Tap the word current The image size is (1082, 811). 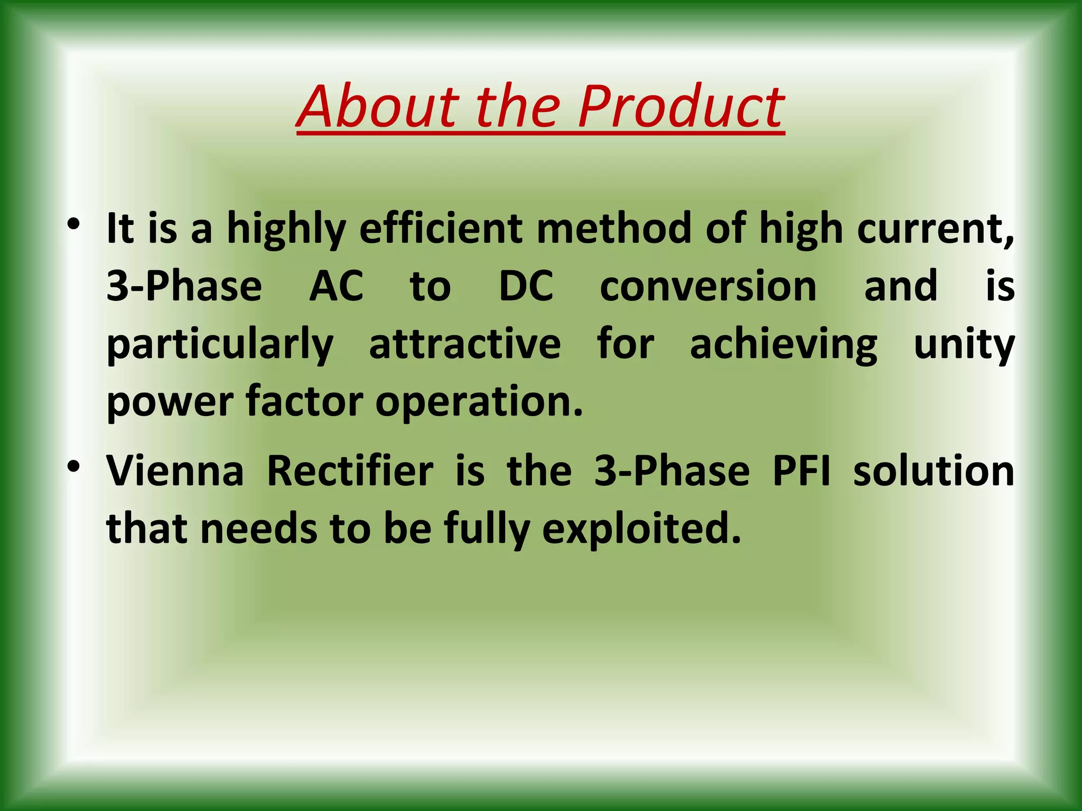(x=934, y=230)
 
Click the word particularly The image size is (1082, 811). (x=220, y=346)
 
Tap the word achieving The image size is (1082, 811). (x=784, y=346)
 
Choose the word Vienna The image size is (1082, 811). (x=175, y=470)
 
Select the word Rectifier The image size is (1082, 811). (x=350, y=470)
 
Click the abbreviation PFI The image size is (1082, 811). (x=801, y=470)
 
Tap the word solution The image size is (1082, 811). (x=934, y=470)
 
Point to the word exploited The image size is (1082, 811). (x=641, y=530)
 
